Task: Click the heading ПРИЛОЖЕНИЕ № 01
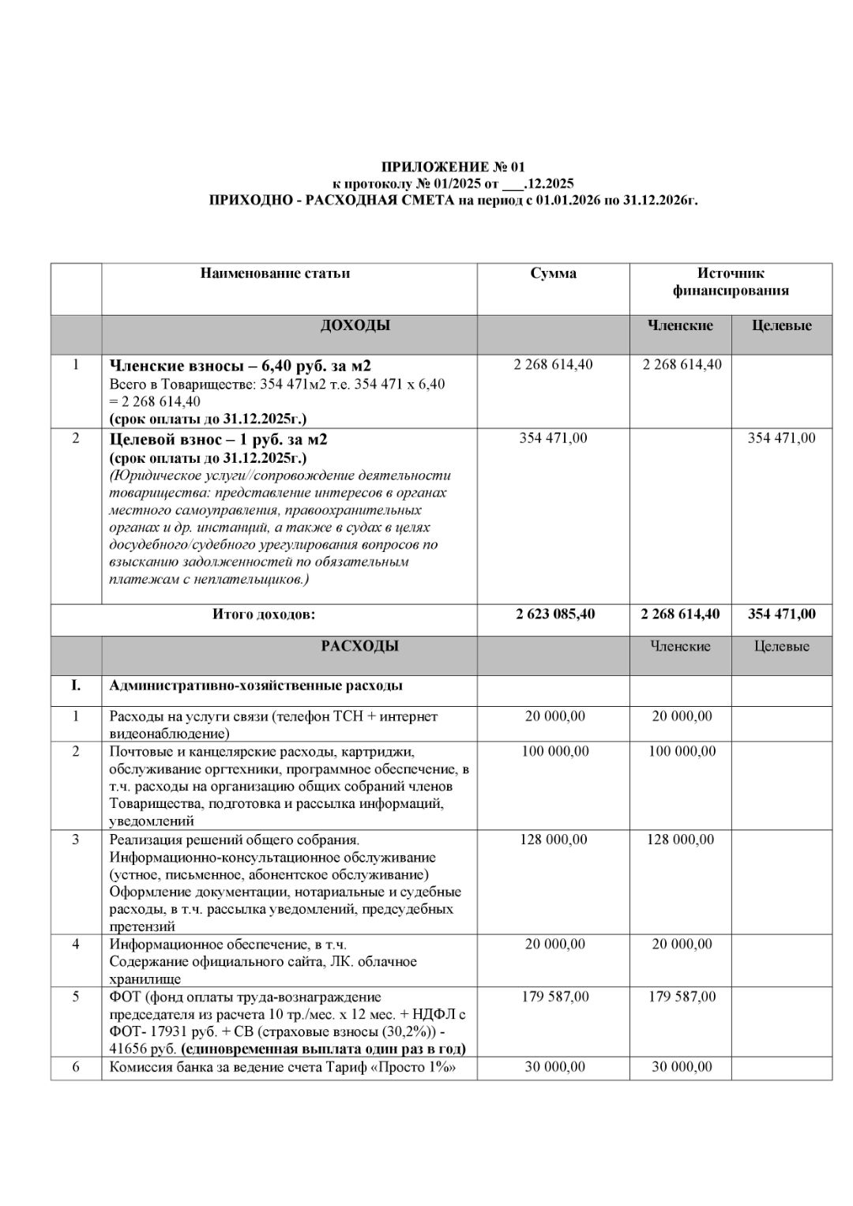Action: (x=453, y=167)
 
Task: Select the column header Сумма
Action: (x=553, y=273)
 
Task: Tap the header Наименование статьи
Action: (x=275, y=273)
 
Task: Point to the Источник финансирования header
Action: (x=730, y=282)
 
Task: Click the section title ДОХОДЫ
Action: (x=355, y=325)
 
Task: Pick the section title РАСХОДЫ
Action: (x=359, y=646)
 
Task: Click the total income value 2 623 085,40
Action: (x=554, y=614)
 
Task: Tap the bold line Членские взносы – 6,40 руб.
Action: (x=240, y=366)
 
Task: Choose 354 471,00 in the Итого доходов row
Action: (x=781, y=614)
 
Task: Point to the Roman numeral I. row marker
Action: (x=76, y=685)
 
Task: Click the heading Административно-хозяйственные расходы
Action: (x=256, y=685)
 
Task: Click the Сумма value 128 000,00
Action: (x=554, y=840)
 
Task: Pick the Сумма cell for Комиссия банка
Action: (x=554, y=1067)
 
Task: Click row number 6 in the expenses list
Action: (x=76, y=1067)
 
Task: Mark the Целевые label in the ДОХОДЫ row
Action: (x=781, y=325)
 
